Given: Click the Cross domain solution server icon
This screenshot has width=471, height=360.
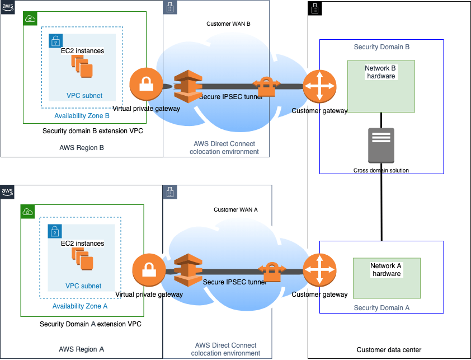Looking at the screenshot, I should [x=381, y=146].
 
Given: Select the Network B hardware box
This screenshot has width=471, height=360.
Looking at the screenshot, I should [x=381, y=86].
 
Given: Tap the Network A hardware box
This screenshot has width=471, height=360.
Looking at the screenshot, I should [x=387, y=277].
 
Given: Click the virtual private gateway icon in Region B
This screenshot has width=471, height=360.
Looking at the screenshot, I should [x=146, y=85].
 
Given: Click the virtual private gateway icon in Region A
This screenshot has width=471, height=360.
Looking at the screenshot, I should [x=149, y=270].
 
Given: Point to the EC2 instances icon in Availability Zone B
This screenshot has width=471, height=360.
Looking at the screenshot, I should [x=82, y=68].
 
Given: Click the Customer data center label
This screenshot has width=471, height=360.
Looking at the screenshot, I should [x=389, y=350].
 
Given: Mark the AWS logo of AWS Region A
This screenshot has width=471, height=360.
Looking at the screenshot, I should [x=7, y=192].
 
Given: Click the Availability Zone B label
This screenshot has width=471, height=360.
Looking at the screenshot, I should [x=82, y=116].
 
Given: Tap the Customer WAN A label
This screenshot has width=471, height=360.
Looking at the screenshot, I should [x=235, y=209].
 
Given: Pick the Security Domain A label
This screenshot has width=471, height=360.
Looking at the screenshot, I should [x=381, y=308].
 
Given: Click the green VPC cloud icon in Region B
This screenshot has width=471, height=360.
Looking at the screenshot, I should [x=30, y=19].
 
